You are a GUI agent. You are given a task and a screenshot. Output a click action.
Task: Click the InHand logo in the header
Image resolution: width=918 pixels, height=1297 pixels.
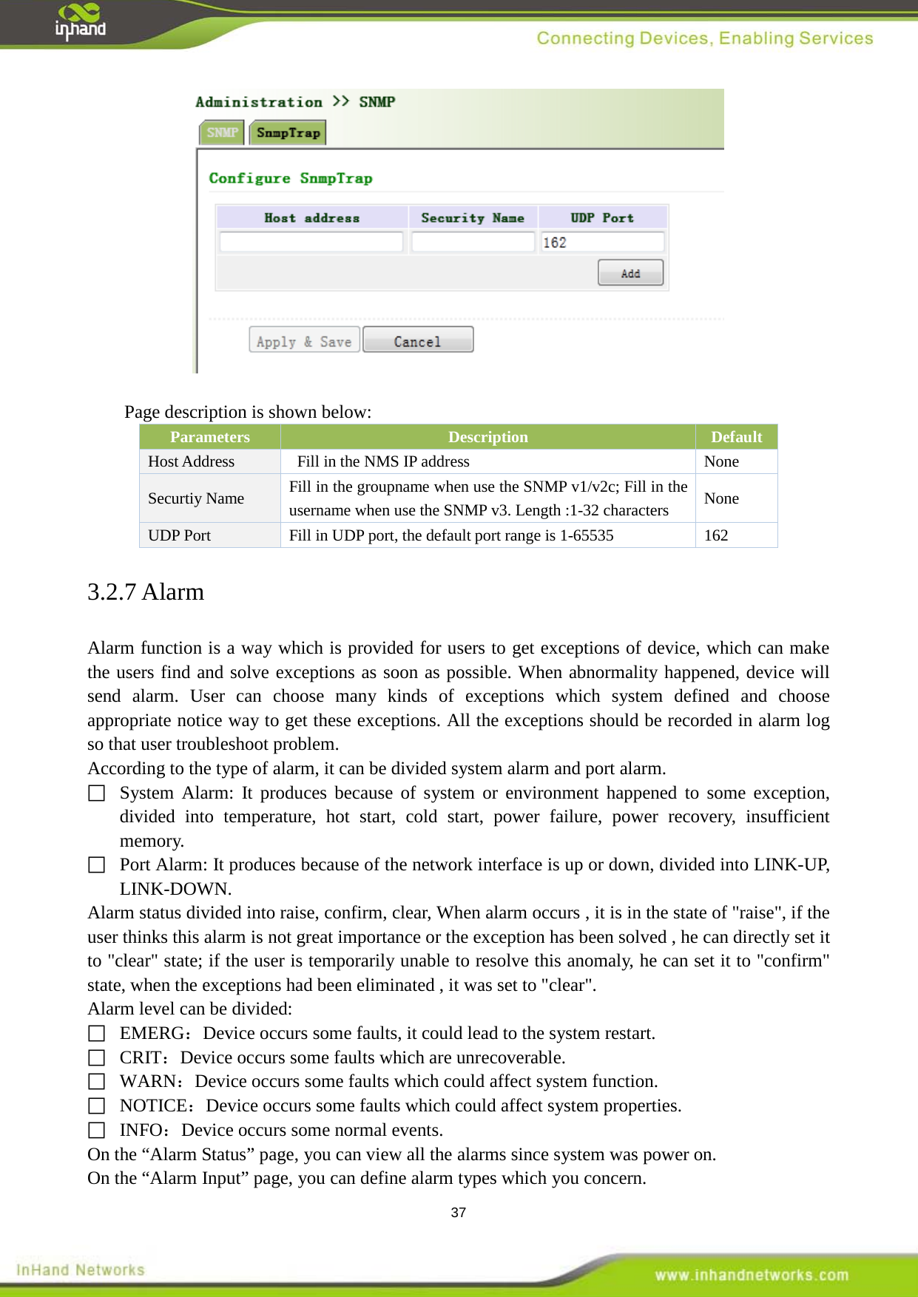click(80, 22)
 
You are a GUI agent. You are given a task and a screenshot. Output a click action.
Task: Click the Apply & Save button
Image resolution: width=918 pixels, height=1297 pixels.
click(304, 341)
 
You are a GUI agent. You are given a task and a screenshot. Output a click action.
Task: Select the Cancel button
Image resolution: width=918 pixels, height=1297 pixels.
click(417, 341)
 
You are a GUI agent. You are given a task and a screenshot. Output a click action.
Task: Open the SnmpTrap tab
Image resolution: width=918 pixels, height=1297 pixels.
click(288, 133)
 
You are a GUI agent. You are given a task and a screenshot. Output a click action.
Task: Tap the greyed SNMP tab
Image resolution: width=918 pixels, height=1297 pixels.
click(222, 133)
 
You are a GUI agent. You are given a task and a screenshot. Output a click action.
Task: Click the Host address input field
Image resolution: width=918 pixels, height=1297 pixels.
click(311, 243)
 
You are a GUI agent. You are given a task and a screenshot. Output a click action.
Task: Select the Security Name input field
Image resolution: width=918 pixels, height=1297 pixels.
click(473, 243)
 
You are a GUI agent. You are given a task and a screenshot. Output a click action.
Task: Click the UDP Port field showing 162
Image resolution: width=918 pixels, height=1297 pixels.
click(602, 243)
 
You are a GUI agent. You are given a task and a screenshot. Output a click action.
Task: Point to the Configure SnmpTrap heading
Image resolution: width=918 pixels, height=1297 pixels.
click(291, 178)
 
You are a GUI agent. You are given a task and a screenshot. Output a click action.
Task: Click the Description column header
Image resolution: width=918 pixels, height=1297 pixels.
click(487, 437)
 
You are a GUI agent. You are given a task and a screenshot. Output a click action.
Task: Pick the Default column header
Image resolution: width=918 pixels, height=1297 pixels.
click(736, 437)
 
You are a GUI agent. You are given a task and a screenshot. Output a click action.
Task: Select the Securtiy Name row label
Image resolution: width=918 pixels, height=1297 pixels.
click(196, 498)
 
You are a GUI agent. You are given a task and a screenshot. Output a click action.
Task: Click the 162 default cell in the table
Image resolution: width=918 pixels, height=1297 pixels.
click(716, 535)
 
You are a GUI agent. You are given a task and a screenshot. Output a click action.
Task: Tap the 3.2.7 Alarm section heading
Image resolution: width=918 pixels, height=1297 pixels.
click(146, 592)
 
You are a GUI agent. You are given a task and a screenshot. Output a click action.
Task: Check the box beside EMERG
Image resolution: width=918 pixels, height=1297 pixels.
click(97, 1033)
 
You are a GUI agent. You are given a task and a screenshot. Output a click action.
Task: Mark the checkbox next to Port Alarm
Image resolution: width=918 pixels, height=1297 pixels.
click(97, 864)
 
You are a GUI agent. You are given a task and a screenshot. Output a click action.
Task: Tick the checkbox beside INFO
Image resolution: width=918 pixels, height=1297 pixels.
click(97, 1130)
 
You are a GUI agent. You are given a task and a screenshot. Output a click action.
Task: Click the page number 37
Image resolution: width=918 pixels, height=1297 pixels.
click(459, 1213)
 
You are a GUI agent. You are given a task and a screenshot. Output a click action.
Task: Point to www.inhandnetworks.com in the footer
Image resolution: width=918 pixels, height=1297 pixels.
click(751, 1275)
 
